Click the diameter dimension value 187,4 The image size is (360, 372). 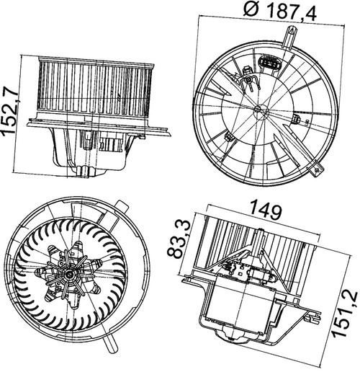(292, 11)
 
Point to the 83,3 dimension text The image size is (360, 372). (178, 239)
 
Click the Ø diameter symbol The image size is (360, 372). (252, 8)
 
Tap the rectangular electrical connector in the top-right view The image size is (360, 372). (269, 63)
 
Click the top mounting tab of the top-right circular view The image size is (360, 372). (291, 37)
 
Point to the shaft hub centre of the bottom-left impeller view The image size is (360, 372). (70, 274)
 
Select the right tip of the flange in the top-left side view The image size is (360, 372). (170, 133)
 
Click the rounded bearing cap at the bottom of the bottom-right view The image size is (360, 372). (233, 335)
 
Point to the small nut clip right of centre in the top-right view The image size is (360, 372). (297, 119)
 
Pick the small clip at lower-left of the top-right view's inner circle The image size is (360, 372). (229, 136)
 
